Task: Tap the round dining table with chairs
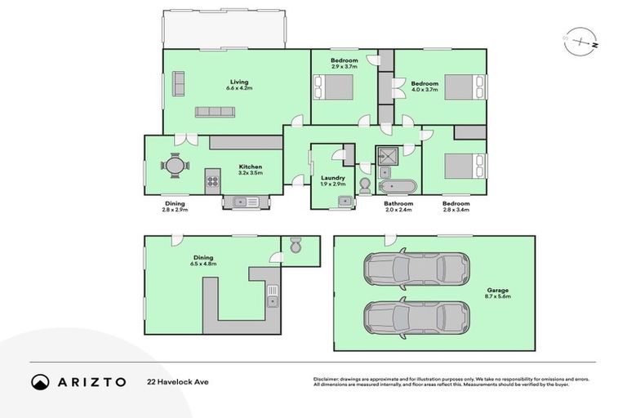click(174, 166)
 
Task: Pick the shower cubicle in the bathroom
click(385, 155)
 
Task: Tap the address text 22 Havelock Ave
click(174, 381)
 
